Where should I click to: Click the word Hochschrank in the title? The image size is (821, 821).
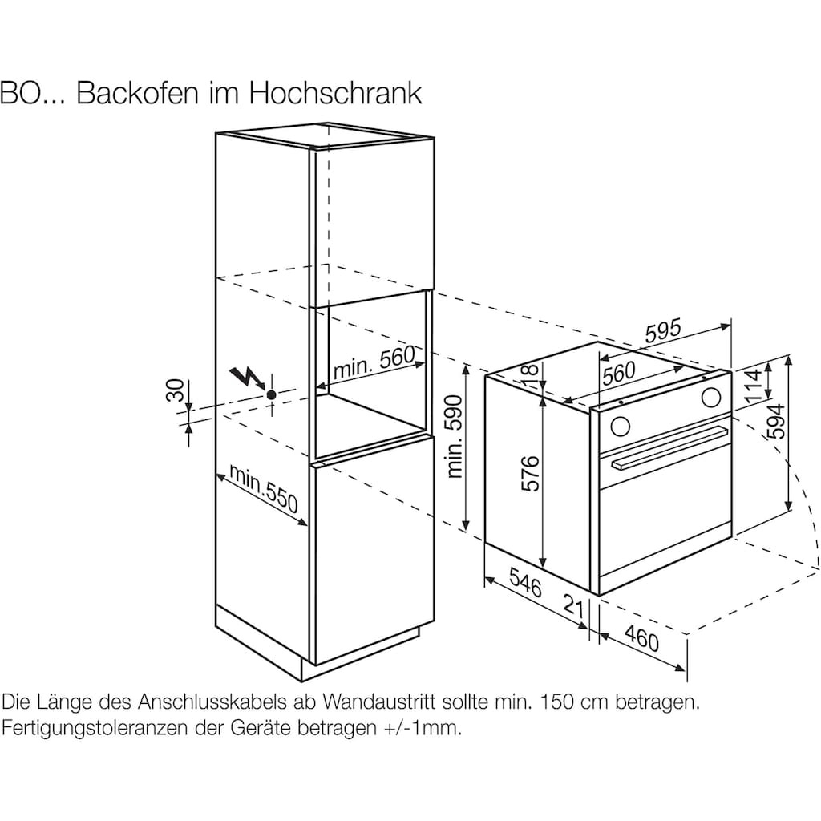[335, 94]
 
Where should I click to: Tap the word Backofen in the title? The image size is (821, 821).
[138, 94]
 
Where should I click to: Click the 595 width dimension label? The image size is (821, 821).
[663, 331]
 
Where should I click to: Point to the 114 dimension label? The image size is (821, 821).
[753, 385]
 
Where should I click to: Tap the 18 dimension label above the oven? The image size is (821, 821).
[530, 370]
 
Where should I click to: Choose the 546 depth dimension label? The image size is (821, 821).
[525, 584]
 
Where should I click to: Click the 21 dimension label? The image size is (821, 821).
[574, 605]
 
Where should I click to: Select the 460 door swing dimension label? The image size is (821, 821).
[642, 639]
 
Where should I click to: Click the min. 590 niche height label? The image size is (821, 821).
[455, 437]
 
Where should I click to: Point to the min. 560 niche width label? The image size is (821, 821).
[374, 362]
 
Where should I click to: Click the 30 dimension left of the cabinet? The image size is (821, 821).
[176, 390]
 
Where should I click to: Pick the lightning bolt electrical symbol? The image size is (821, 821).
[246, 378]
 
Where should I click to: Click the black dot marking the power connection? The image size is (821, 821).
[271, 395]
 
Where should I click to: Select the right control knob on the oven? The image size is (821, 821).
[710, 398]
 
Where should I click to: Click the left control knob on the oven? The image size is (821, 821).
[620, 425]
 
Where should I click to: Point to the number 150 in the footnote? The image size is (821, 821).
[559, 702]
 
